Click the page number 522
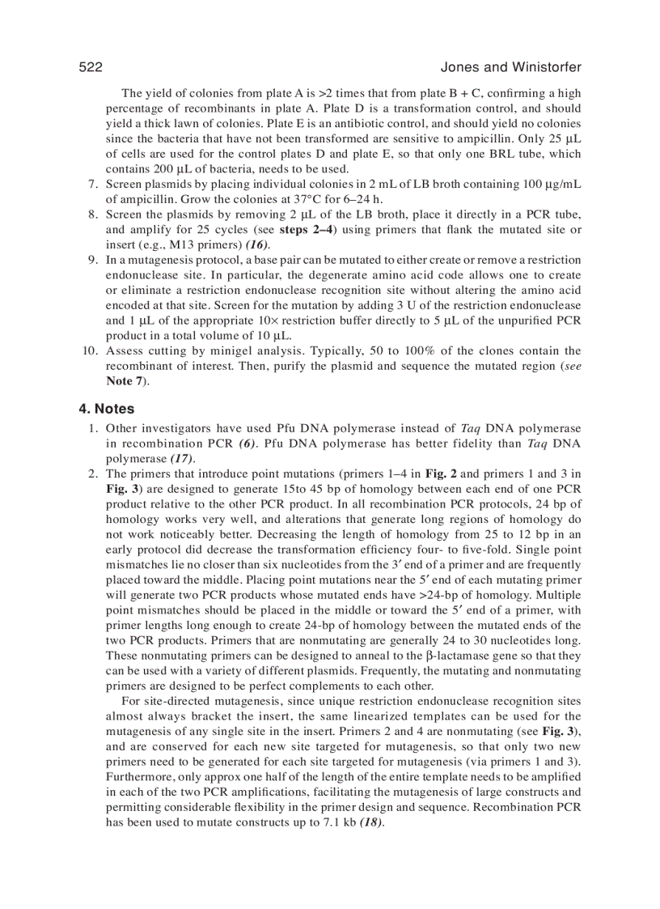pos(91,67)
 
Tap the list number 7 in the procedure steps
pos(93,185)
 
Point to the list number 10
pos(90,350)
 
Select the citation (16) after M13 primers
pos(257,245)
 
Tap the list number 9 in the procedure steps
pos(93,260)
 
